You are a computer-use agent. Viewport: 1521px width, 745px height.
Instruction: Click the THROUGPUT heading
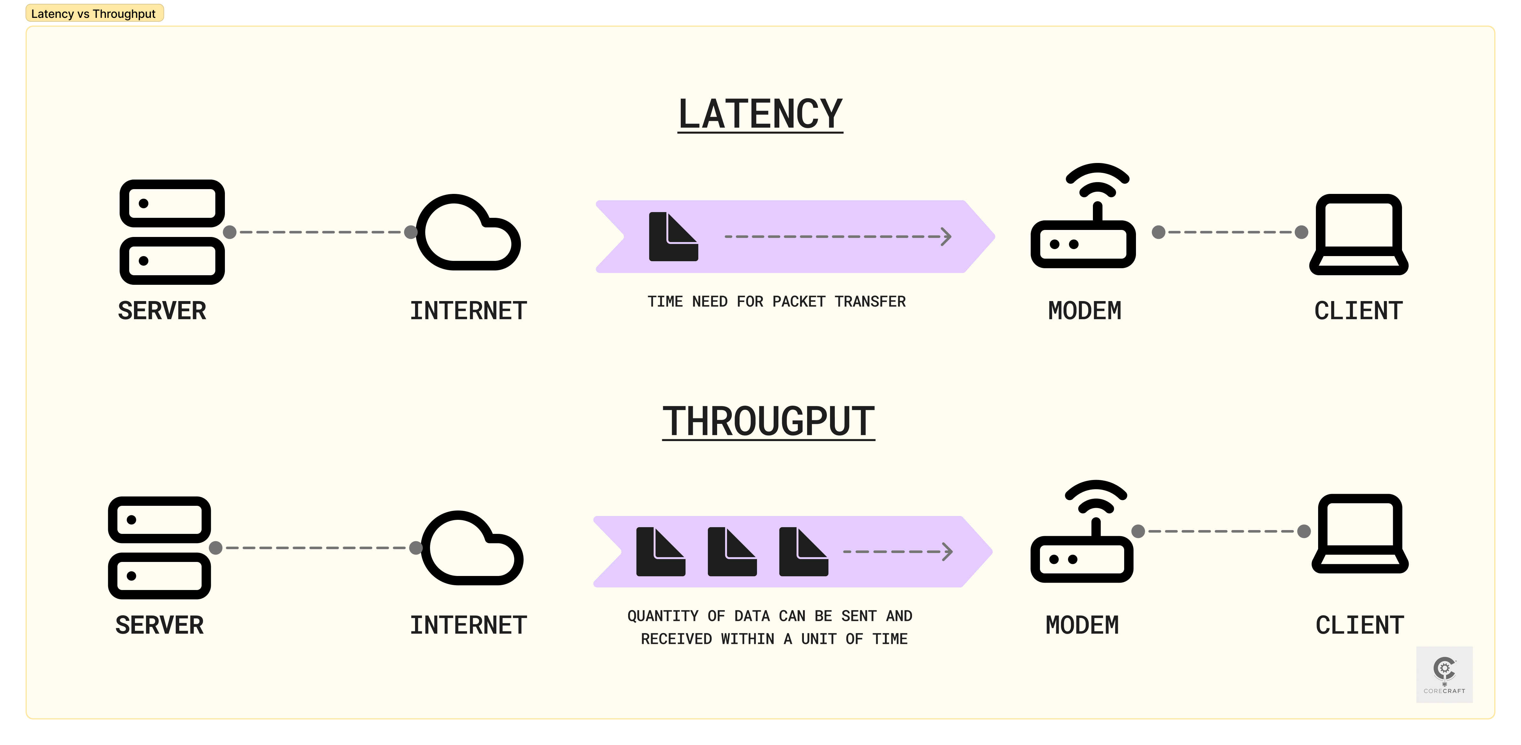click(x=768, y=422)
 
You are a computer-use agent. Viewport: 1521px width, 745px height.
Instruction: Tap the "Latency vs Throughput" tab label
click(x=93, y=14)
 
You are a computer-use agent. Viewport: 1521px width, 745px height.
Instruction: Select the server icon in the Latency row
click(x=172, y=232)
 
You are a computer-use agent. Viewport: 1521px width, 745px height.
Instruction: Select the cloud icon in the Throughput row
click(x=472, y=549)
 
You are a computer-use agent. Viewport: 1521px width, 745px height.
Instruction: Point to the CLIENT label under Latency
click(x=1358, y=311)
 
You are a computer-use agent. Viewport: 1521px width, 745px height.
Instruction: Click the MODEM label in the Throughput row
click(x=1082, y=625)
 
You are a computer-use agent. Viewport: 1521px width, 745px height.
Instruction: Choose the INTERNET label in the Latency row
click(x=468, y=311)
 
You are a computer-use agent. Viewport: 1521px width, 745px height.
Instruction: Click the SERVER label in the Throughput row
click(x=160, y=625)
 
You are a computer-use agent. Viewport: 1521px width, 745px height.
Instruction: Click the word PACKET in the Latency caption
click(x=798, y=302)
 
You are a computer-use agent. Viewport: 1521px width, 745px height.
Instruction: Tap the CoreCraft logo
click(x=1444, y=674)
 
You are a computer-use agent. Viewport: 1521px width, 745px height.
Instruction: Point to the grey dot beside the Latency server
click(x=230, y=232)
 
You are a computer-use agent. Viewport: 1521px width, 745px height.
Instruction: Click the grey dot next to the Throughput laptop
click(x=1304, y=531)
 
